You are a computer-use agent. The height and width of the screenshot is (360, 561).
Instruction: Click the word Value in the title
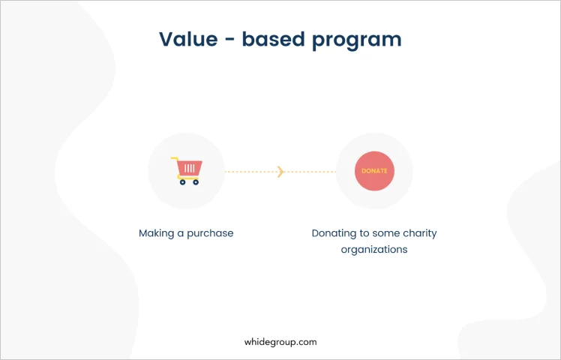tap(188, 39)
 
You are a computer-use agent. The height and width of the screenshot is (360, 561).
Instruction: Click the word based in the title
tap(274, 39)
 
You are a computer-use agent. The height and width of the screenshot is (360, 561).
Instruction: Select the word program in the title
tap(357, 40)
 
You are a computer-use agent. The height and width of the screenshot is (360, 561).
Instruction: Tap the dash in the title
tap(230, 39)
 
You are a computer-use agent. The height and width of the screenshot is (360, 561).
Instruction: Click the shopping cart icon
tap(187, 171)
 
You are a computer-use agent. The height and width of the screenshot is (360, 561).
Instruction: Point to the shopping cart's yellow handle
tap(175, 159)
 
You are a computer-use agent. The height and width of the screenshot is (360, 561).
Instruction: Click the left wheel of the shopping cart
tap(182, 182)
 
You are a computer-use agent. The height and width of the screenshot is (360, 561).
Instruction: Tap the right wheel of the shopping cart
tap(196, 182)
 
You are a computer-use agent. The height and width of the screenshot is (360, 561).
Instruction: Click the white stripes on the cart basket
tap(190, 168)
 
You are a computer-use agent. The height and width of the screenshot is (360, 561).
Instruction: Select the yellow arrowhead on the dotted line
tap(280, 172)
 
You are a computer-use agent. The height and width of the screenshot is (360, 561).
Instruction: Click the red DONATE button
tap(374, 171)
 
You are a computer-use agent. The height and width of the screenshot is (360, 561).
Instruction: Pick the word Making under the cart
tap(156, 233)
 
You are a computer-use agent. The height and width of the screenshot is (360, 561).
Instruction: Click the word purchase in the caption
tap(210, 233)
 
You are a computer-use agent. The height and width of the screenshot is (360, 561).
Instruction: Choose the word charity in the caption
tap(420, 233)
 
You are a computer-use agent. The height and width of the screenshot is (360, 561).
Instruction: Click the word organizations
tap(374, 250)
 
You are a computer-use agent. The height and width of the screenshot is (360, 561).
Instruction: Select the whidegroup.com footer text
tap(280, 342)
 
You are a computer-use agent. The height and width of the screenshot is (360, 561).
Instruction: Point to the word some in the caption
tap(386, 234)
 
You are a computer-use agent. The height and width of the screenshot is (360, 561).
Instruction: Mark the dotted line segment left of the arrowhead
tap(251, 172)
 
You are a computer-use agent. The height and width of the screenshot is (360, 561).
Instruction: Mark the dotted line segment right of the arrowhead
tap(310, 172)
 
